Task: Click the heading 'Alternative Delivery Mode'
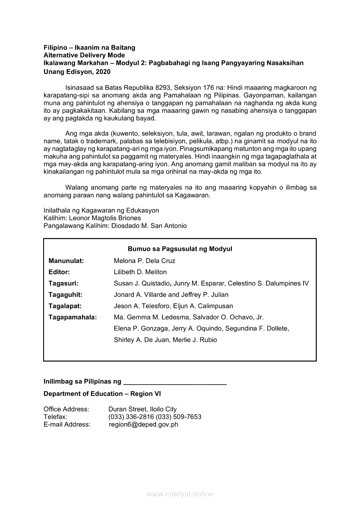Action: click(84, 55)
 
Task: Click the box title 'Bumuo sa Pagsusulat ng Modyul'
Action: click(180, 249)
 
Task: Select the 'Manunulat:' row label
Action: click(66, 261)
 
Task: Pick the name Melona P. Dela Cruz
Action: click(144, 261)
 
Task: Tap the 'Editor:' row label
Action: click(59, 272)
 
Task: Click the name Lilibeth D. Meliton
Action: click(140, 272)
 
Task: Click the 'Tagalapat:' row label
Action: click(65, 306)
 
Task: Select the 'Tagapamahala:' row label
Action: click(72, 317)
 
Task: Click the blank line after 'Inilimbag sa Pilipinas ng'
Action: click(175, 382)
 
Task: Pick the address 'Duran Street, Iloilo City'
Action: click(143, 409)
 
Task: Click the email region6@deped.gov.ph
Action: click(143, 425)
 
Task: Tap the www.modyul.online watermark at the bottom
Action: click(180, 494)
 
